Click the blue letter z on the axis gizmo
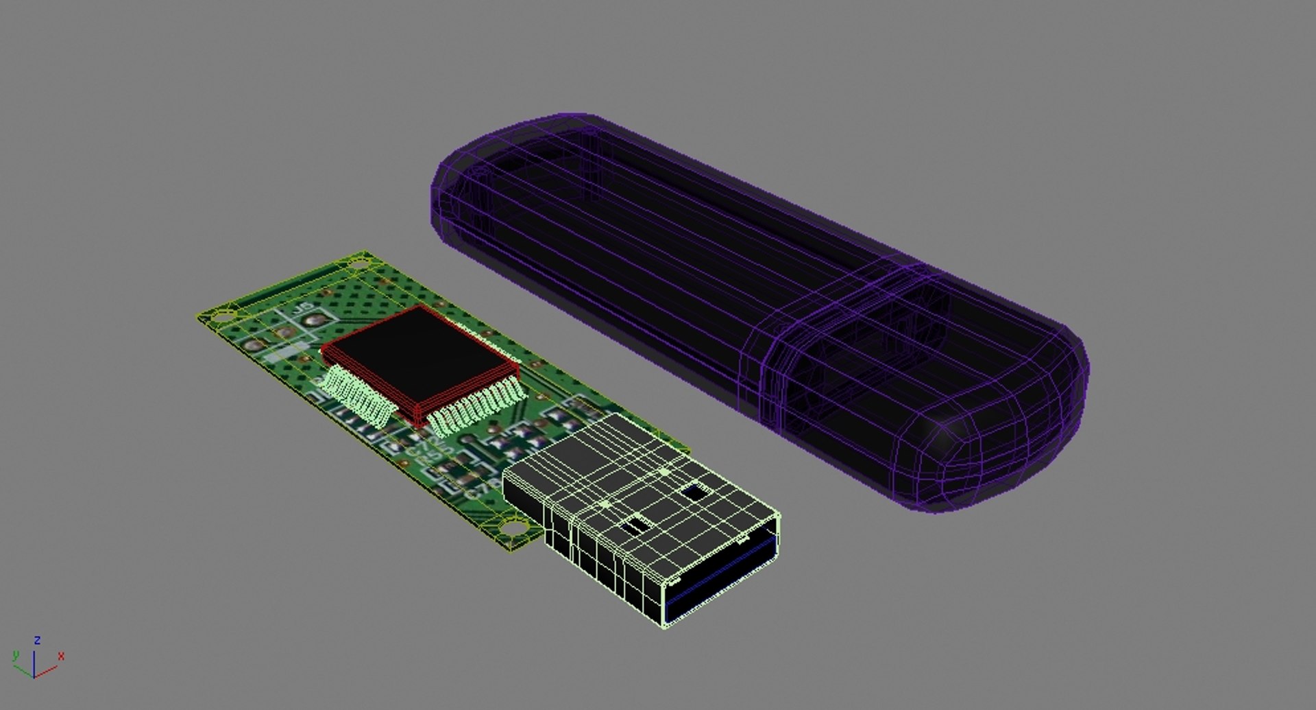37,640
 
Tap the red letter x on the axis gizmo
61,656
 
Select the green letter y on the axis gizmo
15,656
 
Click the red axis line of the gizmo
46,671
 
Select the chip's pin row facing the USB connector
480,408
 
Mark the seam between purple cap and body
771,350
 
